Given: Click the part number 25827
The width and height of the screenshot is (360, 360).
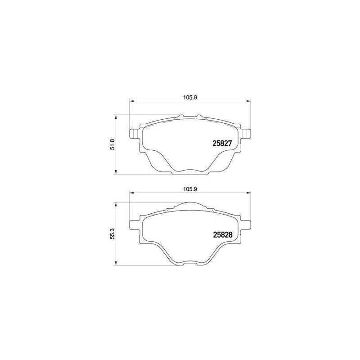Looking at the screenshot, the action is click(x=222, y=144).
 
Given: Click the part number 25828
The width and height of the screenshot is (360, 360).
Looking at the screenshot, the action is click(x=223, y=234).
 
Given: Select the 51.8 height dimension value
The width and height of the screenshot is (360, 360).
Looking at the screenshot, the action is click(x=112, y=144).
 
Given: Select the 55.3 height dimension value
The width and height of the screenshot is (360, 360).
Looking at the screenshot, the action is click(x=112, y=234).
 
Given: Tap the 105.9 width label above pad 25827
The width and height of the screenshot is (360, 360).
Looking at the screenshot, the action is click(x=190, y=97).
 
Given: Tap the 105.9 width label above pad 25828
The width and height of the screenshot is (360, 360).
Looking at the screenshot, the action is click(x=190, y=189).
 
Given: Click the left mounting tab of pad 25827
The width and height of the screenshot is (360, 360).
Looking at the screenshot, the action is click(x=134, y=134).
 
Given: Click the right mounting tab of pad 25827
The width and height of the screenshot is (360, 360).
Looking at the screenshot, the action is click(x=246, y=134).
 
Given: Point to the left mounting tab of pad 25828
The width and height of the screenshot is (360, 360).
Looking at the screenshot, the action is click(x=134, y=225).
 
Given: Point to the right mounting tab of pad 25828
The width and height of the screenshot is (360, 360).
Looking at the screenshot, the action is click(x=245, y=225).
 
